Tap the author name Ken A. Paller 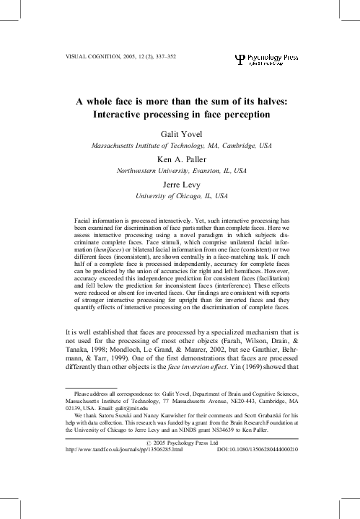point(181,159)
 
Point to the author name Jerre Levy point(181,185)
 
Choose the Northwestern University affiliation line point(181,172)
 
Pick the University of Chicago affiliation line point(181,197)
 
